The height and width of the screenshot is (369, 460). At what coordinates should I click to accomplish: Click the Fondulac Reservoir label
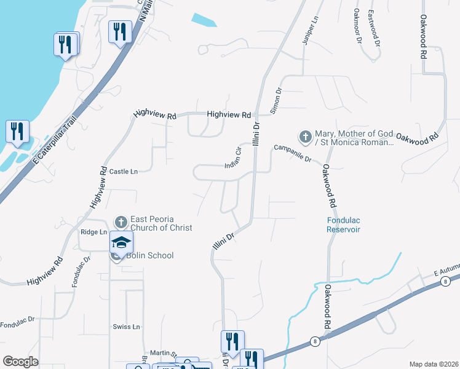point(343,224)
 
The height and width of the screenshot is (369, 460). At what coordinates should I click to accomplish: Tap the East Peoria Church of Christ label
point(161,223)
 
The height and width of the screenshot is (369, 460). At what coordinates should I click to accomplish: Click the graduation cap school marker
point(122,243)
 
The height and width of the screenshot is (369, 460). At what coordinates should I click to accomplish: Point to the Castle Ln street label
point(124,172)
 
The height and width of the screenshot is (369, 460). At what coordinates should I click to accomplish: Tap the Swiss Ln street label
point(127,326)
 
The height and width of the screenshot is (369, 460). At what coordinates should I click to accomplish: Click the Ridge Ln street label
point(93,232)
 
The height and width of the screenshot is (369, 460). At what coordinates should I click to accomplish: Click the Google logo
point(21,362)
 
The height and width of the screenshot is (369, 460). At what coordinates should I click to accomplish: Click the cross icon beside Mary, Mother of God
point(304,136)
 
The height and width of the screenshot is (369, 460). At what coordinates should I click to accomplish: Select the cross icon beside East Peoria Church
point(121,221)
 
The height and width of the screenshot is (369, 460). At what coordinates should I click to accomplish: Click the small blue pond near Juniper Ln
point(204,20)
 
